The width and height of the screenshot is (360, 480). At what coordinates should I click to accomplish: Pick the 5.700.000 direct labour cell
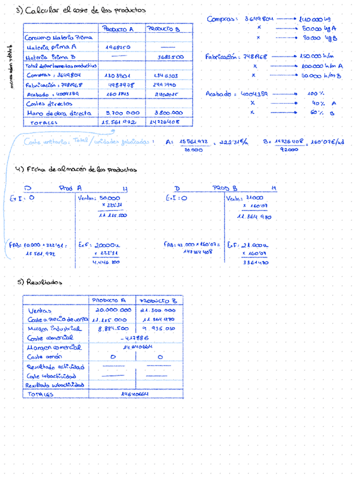[119, 113]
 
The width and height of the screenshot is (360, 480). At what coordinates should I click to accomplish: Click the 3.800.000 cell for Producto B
[169, 113]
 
